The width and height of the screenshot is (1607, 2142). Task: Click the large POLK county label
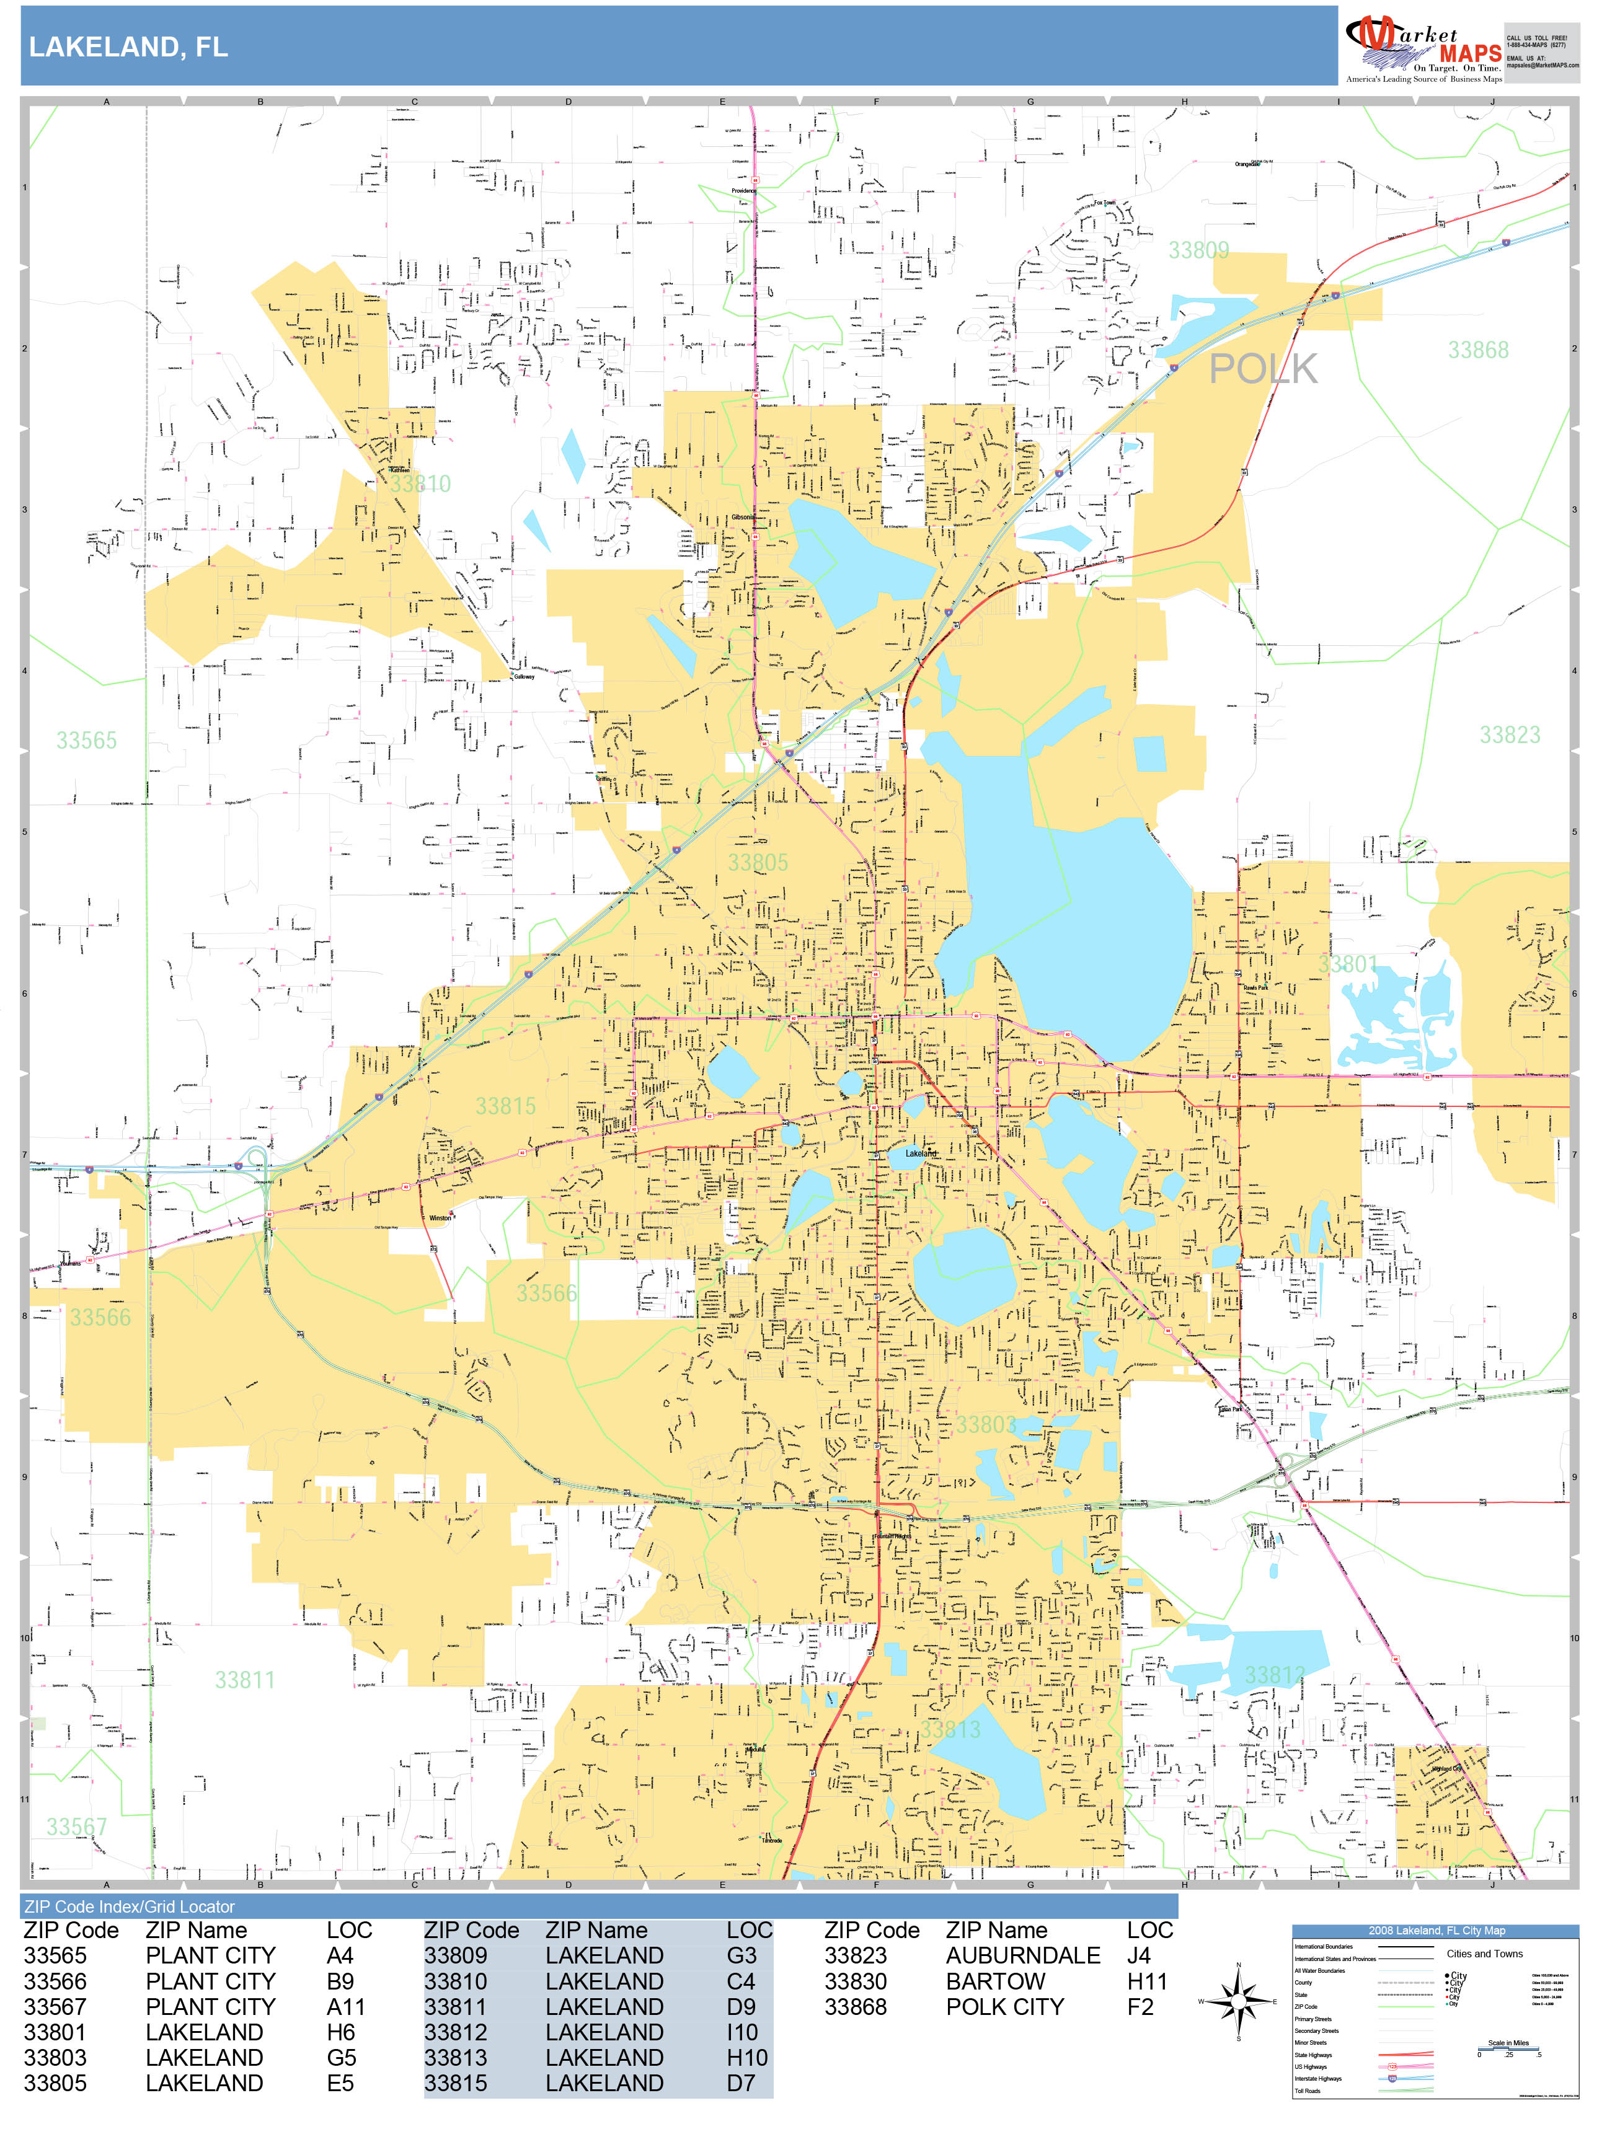click(1262, 369)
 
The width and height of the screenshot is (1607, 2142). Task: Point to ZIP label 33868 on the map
click(1477, 351)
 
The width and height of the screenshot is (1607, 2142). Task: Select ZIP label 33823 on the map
click(1508, 735)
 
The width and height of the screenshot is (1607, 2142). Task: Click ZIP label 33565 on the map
click(86, 741)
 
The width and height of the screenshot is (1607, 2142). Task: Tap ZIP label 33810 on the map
click(420, 484)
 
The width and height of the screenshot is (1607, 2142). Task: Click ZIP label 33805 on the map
click(758, 863)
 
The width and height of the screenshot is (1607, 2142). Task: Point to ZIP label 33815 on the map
click(505, 1106)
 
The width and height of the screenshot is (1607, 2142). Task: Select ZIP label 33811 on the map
click(244, 1680)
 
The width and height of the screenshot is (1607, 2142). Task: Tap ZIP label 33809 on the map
click(1198, 251)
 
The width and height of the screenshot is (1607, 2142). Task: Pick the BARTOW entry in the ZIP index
click(995, 1981)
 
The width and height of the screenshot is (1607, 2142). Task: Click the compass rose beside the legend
click(1238, 1999)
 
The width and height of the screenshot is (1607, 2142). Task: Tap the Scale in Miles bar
click(1508, 2049)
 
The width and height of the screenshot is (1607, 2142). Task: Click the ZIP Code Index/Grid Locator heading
click(129, 1906)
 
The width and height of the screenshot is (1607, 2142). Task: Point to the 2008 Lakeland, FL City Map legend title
click(1435, 1930)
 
